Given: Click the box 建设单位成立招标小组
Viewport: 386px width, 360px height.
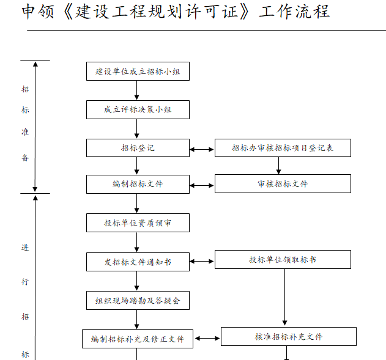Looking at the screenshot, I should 138,72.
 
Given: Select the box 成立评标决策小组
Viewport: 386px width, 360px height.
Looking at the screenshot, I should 138,109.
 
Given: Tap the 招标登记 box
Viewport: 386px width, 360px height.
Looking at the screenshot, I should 138,148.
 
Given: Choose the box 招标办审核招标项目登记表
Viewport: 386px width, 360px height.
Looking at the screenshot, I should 283,148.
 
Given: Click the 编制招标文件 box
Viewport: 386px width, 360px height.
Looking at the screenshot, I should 138,184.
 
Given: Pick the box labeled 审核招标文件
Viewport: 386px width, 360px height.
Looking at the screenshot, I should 283,184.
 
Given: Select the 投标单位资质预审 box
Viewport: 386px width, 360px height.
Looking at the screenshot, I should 138,223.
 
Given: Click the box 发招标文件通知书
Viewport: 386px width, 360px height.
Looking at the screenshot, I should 138,262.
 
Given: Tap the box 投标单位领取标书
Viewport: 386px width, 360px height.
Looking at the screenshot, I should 283,260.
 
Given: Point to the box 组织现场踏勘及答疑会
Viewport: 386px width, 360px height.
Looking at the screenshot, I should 138,300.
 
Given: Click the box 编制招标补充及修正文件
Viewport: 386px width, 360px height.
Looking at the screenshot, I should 138,339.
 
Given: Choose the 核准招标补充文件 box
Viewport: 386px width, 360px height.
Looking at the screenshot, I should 289,337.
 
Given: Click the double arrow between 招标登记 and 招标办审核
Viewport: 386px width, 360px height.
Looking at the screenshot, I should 202,149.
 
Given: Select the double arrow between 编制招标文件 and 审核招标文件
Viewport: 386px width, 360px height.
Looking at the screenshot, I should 202,184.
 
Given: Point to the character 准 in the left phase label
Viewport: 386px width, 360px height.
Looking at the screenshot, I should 25,133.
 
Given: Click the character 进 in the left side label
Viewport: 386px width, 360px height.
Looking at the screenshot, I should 25,248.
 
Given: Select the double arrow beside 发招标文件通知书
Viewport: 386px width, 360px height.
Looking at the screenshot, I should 202,262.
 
